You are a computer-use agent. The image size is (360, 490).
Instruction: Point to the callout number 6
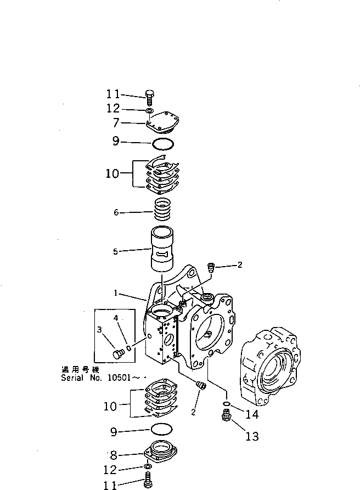(x=116, y=213)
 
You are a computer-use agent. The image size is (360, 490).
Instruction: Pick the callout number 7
(x=116, y=123)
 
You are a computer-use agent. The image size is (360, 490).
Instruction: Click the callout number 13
(x=252, y=437)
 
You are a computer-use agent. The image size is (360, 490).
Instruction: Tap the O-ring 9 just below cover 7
(x=163, y=144)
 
